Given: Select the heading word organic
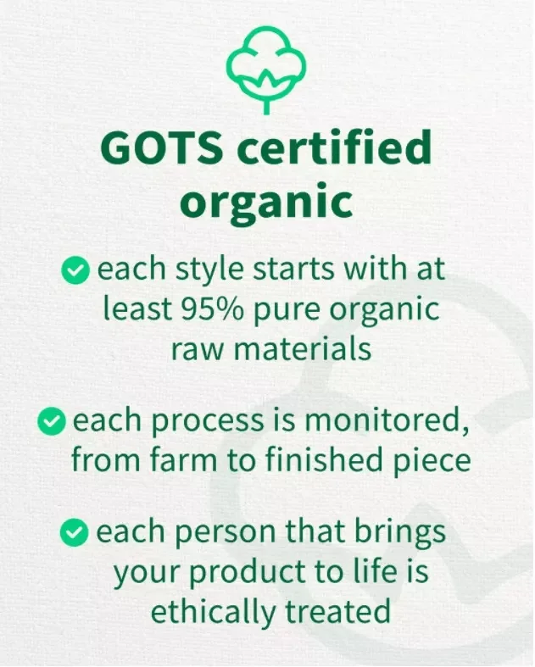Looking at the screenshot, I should pyautogui.click(x=267, y=203).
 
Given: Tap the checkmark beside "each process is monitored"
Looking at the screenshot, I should pyautogui.click(x=52, y=420).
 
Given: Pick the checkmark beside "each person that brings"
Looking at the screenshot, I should pyautogui.click(x=75, y=532).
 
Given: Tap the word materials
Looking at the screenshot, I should pyautogui.click(x=303, y=347).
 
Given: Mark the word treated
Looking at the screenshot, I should pyautogui.click(x=340, y=610).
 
